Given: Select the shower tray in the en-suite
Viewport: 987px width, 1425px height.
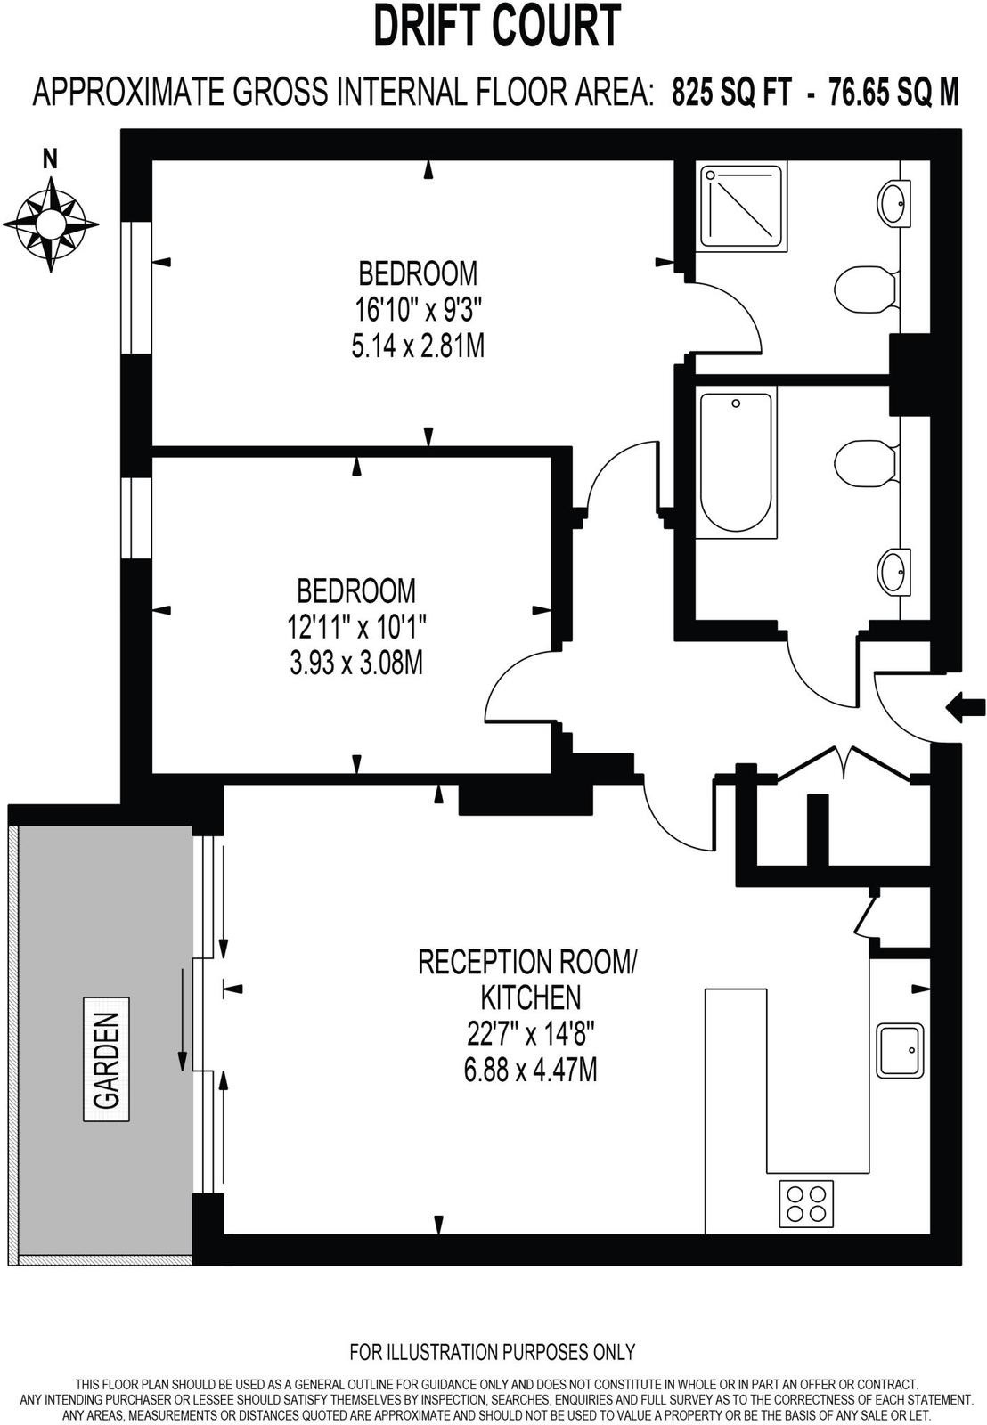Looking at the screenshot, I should coord(743,206).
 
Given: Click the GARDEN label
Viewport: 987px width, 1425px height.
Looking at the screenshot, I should coord(107,1059).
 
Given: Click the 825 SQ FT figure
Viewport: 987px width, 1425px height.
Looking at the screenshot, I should coord(730,92).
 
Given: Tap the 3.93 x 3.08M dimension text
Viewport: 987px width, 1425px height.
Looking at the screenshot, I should coord(356,664).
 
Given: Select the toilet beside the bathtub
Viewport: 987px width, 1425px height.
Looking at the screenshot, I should coord(865,461).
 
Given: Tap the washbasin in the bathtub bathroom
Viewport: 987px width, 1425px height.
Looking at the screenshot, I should coord(894,571).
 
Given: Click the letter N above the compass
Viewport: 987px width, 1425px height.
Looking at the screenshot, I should coord(51,160).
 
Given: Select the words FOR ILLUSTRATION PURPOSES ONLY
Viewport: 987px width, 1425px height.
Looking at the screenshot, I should coord(493,1352).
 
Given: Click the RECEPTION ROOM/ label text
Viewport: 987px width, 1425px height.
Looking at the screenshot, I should coord(528,962).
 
